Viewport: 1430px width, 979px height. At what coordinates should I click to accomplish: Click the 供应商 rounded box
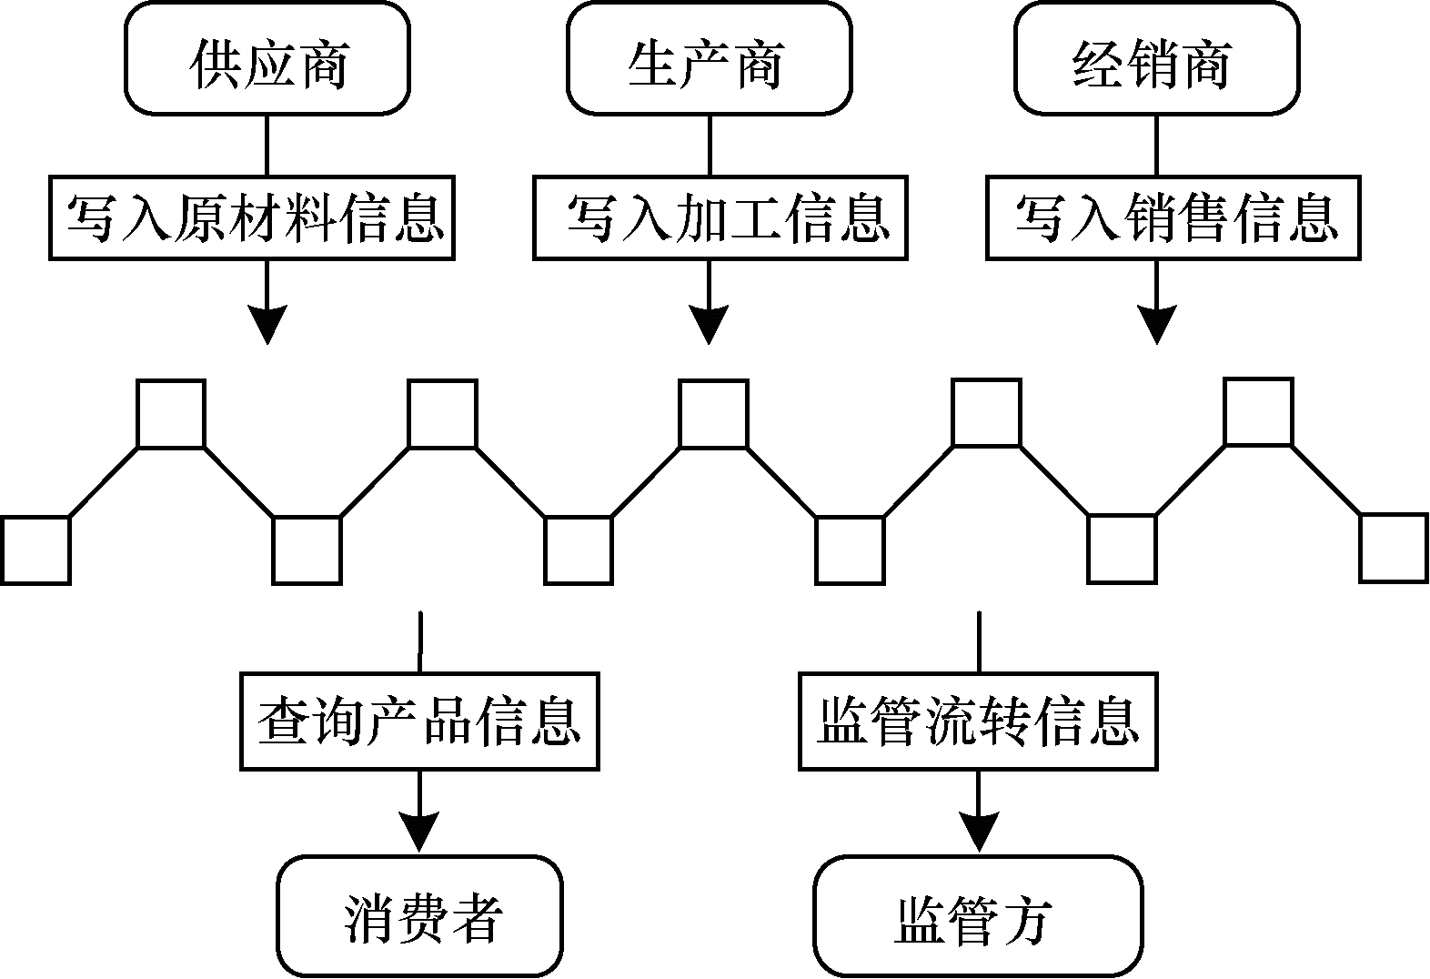coord(267,59)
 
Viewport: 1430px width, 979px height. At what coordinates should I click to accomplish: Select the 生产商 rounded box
coord(709,59)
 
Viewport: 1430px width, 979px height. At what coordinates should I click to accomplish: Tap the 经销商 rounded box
coord(1155,59)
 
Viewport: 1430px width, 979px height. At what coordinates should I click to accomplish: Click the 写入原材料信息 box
coord(252,218)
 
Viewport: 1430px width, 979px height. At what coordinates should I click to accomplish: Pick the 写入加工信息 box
coord(720,218)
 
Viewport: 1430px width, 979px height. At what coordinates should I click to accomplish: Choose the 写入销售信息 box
coord(1173,218)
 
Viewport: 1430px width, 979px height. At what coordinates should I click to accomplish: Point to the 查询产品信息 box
coord(419,722)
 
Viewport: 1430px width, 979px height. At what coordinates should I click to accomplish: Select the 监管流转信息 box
coord(978,722)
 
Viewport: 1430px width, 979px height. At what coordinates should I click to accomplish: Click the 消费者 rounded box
coord(419,916)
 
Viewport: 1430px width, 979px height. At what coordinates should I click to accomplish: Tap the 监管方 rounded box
coord(978,916)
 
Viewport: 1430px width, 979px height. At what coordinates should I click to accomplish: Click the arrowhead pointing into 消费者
coord(419,832)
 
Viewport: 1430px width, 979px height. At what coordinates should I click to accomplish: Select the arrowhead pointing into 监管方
coord(979,832)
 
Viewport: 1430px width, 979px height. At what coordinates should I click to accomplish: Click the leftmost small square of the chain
coord(35,550)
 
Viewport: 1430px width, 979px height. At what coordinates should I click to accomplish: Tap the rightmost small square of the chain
coord(1394,548)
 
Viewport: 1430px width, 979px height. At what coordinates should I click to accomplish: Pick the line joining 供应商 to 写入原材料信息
coord(267,146)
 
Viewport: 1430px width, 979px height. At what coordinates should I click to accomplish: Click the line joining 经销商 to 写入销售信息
coord(1156,146)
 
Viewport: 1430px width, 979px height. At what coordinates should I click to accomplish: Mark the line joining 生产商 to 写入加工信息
coord(709,146)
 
